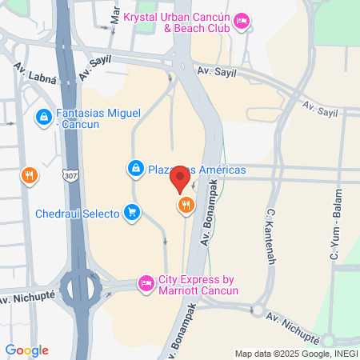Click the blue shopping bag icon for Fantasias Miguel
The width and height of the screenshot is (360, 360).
click(42, 118)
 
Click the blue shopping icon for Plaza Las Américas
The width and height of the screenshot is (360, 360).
click(135, 169)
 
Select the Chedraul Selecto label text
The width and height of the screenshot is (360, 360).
click(77, 214)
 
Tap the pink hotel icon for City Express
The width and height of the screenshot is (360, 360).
click(146, 283)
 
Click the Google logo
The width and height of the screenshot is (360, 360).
click(26, 350)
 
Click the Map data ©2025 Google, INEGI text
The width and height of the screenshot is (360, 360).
click(294, 354)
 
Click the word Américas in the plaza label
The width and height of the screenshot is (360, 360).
click(218, 170)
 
